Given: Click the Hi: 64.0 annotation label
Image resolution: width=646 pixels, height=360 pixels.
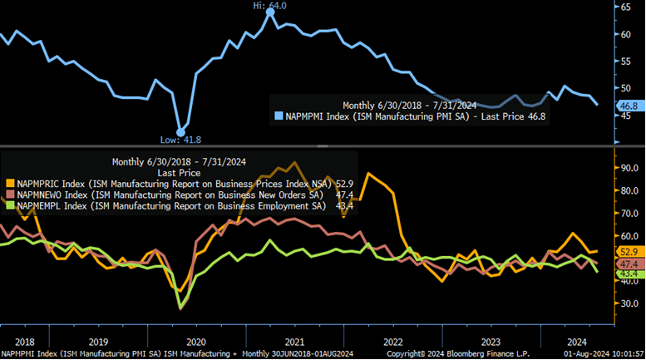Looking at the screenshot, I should click(270, 5).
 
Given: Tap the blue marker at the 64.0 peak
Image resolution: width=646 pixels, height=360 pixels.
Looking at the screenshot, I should click(270, 12).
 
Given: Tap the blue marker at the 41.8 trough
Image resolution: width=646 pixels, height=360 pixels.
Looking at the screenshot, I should click(180, 131).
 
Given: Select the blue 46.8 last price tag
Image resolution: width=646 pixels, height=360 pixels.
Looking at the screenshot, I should click(629, 106).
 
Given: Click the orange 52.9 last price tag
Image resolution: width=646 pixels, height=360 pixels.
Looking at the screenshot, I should click(629, 250).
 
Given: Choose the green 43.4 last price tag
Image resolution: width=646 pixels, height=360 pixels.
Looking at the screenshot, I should click(629, 274).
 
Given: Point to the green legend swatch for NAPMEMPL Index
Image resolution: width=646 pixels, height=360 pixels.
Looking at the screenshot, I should click(11, 205).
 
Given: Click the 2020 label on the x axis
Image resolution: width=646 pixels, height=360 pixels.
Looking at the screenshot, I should click(195, 342).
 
